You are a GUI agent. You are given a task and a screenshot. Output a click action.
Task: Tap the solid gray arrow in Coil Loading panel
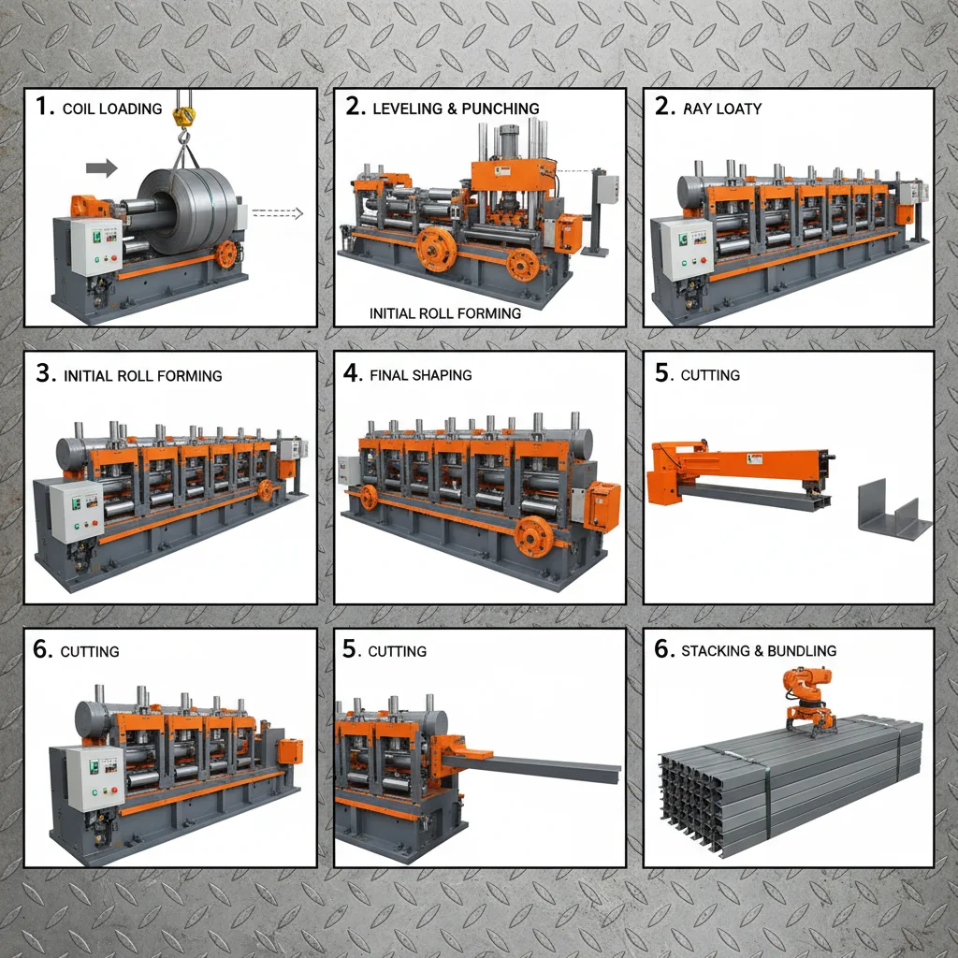[x=101, y=168]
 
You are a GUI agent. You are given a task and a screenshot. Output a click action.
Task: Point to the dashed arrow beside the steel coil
[x=278, y=213]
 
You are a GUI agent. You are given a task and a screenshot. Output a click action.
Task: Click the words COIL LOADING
[x=111, y=109]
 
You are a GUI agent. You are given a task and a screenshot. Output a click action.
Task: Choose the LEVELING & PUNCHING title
[x=456, y=109]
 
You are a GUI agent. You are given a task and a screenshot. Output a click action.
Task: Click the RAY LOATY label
[x=721, y=109]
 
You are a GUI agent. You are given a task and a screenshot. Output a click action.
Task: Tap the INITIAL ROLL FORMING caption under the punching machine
[x=445, y=313]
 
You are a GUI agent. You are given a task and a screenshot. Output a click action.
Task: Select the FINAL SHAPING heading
[x=420, y=375]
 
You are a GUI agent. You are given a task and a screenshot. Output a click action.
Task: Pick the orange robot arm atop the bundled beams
[x=807, y=698]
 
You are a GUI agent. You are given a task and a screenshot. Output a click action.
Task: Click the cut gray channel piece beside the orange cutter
[x=893, y=511]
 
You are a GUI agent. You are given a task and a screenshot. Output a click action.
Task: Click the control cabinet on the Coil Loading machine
[x=95, y=246]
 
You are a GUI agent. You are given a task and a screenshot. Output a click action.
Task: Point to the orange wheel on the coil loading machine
[x=225, y=256]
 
